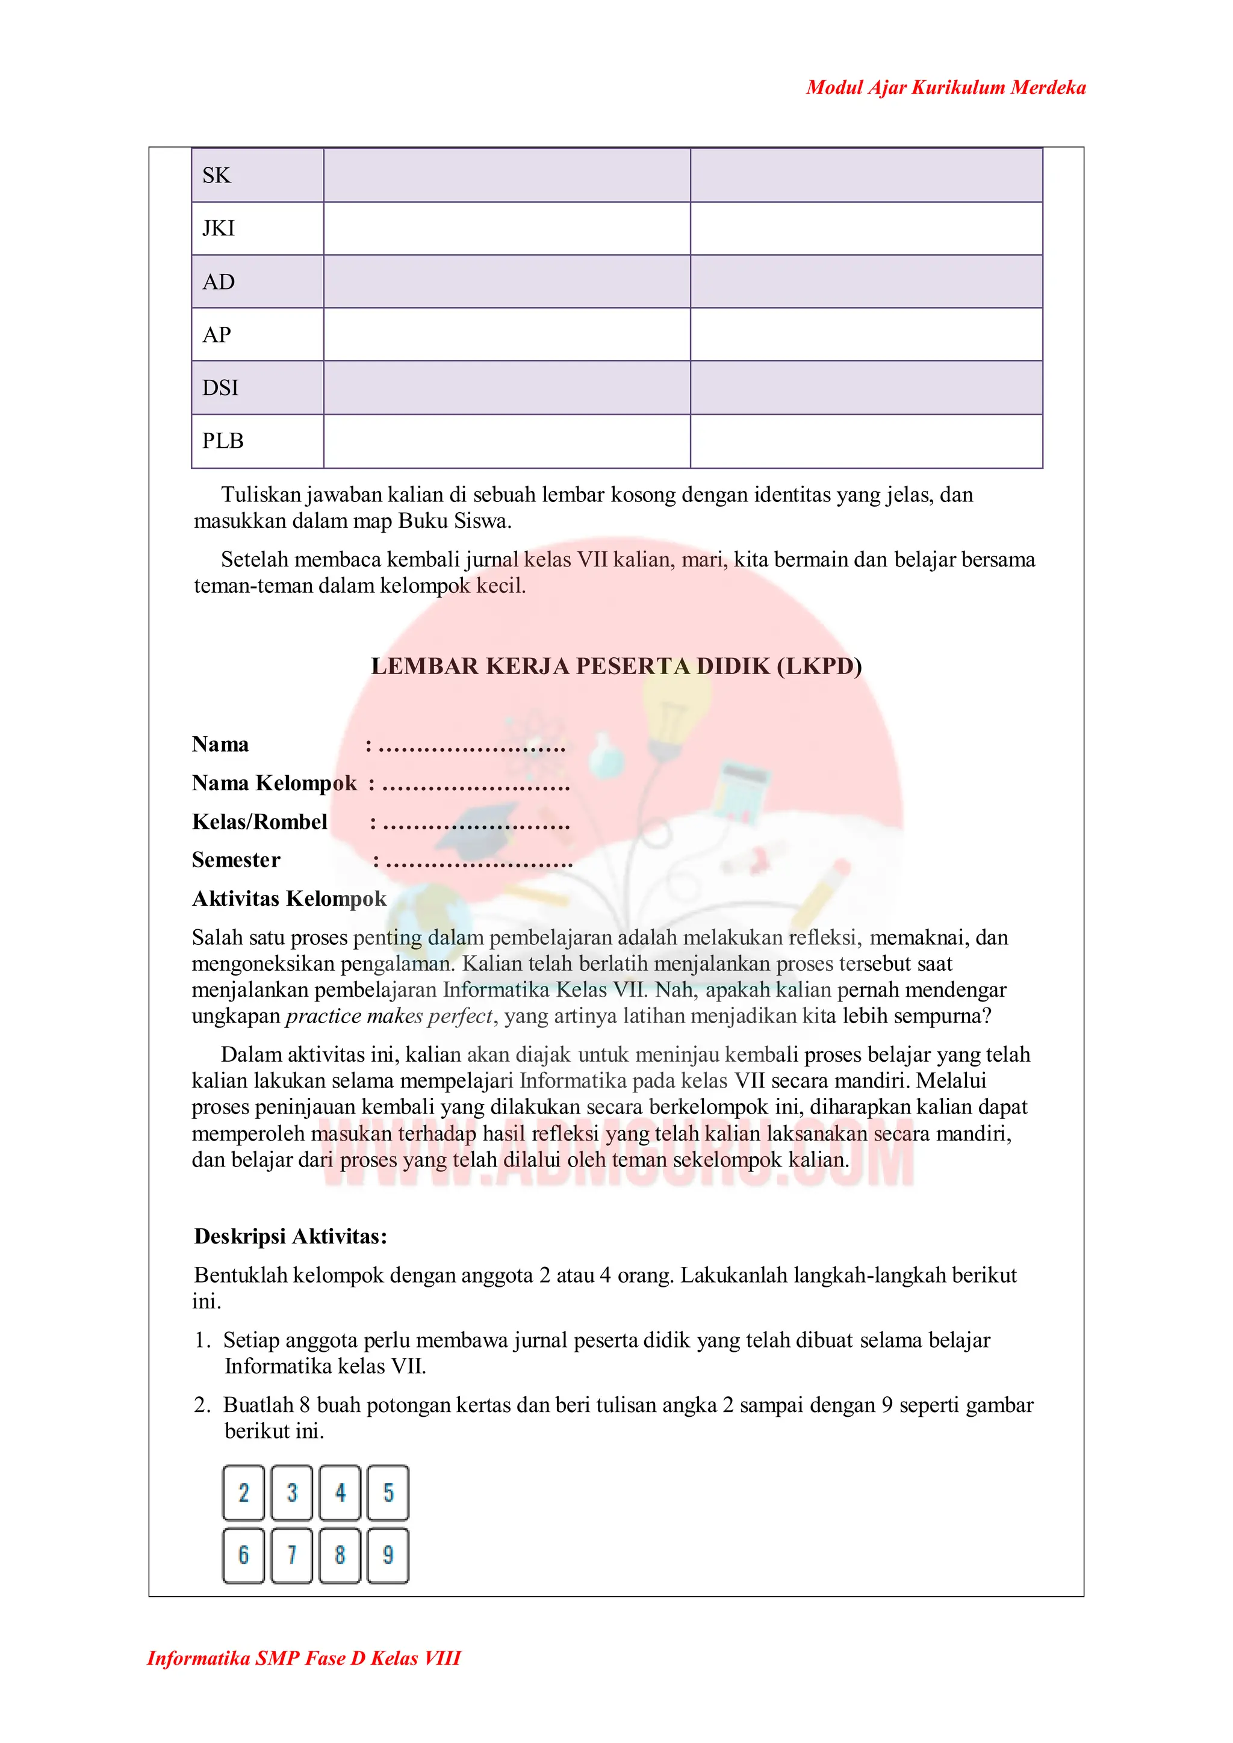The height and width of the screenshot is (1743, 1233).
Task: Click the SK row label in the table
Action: click(216, 175)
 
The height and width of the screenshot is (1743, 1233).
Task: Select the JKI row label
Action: click(219, 229)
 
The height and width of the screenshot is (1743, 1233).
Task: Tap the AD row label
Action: click(219, 282)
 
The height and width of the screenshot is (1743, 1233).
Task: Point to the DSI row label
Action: click(220, 388)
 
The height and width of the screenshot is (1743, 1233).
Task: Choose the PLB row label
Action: click(222, 441)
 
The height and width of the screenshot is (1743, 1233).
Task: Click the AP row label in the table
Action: click(216, 335)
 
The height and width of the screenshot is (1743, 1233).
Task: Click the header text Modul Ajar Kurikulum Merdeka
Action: click(945, 87)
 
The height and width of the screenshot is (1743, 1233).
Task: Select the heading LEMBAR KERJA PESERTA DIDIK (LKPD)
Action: click(616, 666)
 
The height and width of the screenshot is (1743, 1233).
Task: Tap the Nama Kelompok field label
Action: click(274, 782)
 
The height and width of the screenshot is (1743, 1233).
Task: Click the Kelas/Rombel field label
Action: click(259, 822)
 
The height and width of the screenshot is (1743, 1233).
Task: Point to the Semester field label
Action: click(236, 859)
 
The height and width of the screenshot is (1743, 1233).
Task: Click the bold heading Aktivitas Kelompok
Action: click(289, 898)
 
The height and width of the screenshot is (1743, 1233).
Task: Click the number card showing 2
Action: click(244, 1493)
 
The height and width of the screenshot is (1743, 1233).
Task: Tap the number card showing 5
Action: click(388, 1493)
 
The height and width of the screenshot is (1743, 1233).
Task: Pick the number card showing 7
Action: click(291, 1555)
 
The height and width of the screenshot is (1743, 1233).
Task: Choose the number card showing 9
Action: click(388, 1555)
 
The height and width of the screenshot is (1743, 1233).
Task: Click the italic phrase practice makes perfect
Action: click(390, 1016)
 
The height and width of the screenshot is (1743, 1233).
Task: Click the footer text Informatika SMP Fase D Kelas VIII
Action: click(303, 1658)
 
